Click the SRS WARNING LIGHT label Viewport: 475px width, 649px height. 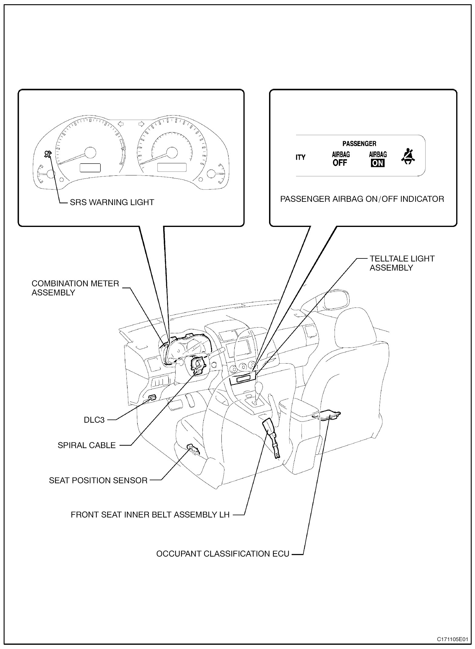point(112,202)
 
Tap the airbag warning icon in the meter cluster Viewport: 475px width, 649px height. point(48,154)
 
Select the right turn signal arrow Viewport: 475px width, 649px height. point(141,124)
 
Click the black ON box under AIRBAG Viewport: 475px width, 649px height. point(378,163)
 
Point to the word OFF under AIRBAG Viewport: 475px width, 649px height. point(340,163)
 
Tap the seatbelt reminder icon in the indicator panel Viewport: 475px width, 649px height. point(408,157)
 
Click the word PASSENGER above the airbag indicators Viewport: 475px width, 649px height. point(359,144)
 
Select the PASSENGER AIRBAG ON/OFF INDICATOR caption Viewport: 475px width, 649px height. point(362,199)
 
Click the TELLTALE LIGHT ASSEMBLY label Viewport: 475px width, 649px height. point(402,263)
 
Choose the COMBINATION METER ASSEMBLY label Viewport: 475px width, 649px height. point(75,288)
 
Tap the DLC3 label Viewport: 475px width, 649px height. point(94,420)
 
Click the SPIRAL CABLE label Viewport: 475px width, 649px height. point(87,445)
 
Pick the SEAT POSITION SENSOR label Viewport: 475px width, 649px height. point(98,481)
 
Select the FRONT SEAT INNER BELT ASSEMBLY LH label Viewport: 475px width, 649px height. point(150,515)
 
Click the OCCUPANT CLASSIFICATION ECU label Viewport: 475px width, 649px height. point(223,554)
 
